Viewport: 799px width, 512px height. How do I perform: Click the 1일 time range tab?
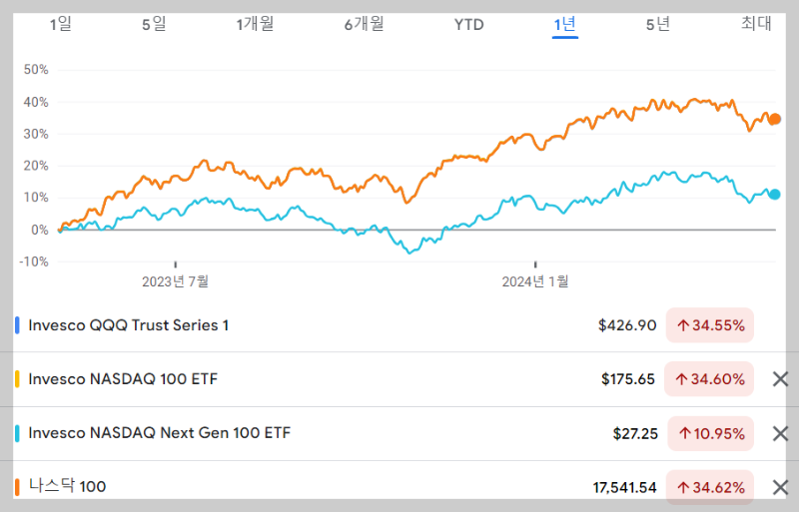[x=61, y=24]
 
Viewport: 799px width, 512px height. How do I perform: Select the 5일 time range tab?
[x=153, y=24]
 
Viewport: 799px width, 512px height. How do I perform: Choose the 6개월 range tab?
[x=364, y=24]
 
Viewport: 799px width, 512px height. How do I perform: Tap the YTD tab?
[x=468, y=24]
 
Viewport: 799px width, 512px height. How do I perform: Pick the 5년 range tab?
[x=658, y=24]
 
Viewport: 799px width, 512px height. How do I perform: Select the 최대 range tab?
[x=756, y=24]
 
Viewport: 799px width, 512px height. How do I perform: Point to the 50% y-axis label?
[x=36, y=70]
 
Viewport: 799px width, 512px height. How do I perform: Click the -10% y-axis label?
[x=35, y=261]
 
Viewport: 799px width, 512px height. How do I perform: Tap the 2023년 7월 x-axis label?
[x=176, y=281]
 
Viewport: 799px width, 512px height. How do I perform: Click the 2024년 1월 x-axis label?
[x=534, y=281]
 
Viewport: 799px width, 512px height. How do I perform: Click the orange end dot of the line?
[x=774, y=119]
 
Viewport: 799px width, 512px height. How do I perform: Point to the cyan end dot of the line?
[x=774, y=195]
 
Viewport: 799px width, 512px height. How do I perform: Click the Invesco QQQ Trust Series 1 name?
[x=129, y=325]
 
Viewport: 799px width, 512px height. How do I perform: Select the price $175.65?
[x=628, y=379]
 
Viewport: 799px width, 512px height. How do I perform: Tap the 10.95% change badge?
[x=710, y=433]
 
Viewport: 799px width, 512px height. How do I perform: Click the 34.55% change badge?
[x=710, y=325]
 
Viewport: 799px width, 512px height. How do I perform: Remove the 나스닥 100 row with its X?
[x=781, y=487]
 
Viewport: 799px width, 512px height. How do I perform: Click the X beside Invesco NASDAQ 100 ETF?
[x=781, y=379]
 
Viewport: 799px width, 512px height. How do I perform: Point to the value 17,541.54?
[x=624, y=487]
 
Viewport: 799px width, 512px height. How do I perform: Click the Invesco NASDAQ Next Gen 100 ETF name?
[x=160, y=433]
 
